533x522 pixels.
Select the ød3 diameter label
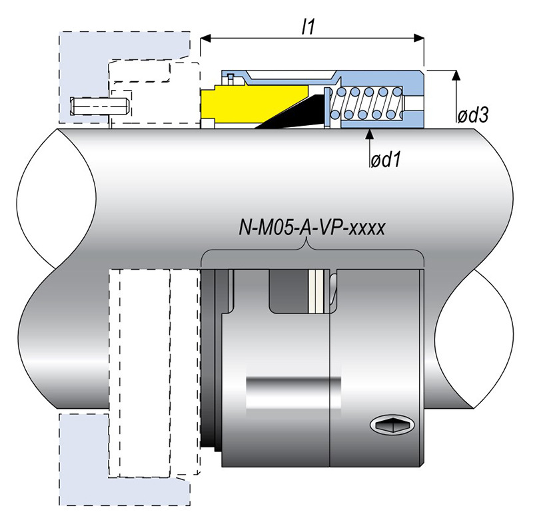(x=473, y=115)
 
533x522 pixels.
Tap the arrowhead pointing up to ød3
(x=457, y=75)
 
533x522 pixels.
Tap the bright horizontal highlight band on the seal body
(x=293, y=386)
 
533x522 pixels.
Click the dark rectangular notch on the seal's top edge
(x=287, y=291)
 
